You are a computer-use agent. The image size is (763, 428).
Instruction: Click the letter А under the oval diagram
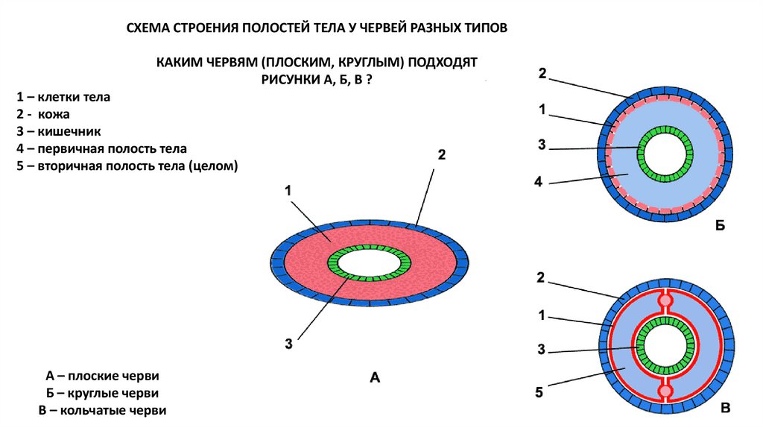pyautogui.click(x=375, y=378)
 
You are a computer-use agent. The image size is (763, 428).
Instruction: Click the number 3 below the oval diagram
pyautogui.click(x=287, y=344)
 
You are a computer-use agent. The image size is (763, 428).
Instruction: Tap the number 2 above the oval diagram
pyautogui.click(x=441, y=155)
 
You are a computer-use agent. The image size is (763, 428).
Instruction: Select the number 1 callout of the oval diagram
pyautogui.click(x=288, y=191)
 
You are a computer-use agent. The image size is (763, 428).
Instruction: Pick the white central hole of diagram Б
pyautogui.click(x=667, y=157)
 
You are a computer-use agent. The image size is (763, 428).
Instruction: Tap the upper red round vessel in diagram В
pyautogui.click(x=665, y=301)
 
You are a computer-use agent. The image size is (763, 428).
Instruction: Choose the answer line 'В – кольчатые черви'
pyautogui.click(x=102, y=410)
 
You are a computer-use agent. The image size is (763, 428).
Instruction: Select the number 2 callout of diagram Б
pyautogui.click(x=542, y=73)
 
